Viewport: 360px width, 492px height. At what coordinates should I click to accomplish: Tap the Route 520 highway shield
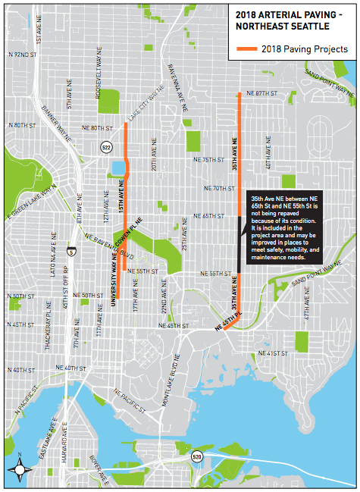tap(196, 456)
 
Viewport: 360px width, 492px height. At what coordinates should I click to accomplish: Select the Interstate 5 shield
tap(70, 249)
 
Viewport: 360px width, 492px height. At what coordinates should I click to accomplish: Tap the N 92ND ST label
tap(22, 55)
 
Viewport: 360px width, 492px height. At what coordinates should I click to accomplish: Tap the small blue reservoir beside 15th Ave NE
tap(119, 167)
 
